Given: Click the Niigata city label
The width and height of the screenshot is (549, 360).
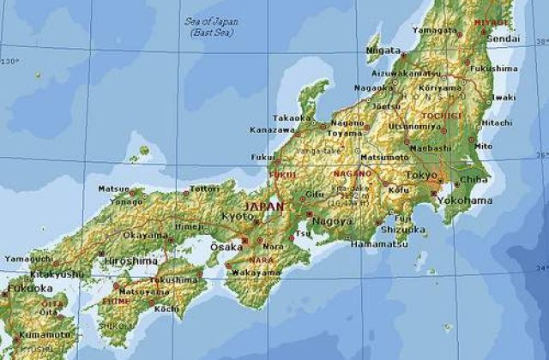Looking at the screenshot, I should (383, 51).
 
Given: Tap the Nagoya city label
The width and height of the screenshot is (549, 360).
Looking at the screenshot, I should (335, 221).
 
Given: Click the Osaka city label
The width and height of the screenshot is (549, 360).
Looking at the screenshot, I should (226, 247).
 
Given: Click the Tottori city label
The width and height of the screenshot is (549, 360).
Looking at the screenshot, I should (205, 188).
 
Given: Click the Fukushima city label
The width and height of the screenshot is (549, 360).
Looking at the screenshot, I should (494, 68).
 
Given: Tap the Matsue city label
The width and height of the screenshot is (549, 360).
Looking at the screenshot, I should (114, 189).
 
